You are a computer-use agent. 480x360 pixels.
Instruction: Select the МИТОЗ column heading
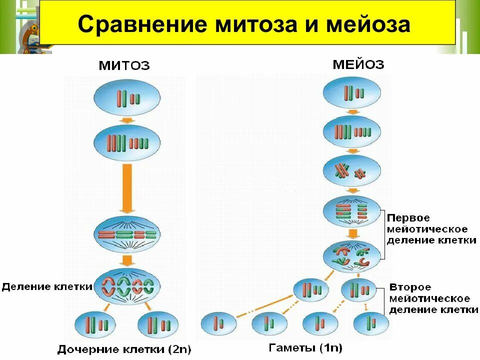pyautogui.click(x=124, y=65)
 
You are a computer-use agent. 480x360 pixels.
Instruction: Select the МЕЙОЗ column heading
pyautogui.click(x=358, y=64)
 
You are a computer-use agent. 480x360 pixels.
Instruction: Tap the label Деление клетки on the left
pyautogui.click(x=47, y=287)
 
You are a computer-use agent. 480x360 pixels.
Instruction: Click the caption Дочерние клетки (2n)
pyautogui.click(x=124, y=348)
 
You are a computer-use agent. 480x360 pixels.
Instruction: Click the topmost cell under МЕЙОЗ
pyautogui.click(x=352, y=93)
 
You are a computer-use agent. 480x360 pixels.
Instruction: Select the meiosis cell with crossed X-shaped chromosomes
pyautogui.click(x=352, y=171)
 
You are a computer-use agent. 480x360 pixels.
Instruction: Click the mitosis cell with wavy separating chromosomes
pyautogui.click(x=127, y=286)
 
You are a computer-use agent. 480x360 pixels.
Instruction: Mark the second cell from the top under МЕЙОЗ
pyautogui.click(x=352, y=132)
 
